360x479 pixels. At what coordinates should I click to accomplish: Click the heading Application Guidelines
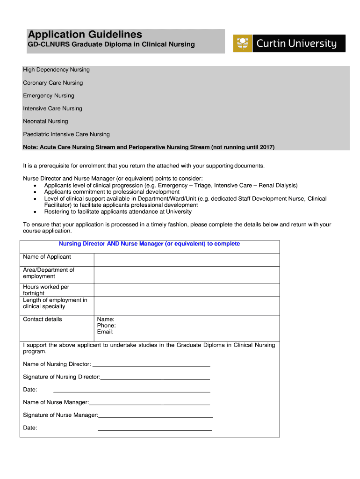coord(85,35)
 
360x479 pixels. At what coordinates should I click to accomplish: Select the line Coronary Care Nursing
coord(53,83)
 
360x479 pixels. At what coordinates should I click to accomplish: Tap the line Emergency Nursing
coord(49,95)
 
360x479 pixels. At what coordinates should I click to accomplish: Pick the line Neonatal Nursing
coord(45,121)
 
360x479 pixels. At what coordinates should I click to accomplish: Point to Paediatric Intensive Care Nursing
coord(66,134)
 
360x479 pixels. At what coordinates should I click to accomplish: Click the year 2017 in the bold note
coord(266,147)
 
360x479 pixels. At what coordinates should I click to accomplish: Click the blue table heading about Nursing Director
coord(149,244)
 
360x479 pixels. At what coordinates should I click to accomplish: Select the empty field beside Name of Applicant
coord(187,260)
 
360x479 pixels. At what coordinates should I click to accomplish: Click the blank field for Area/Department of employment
coord(187,275)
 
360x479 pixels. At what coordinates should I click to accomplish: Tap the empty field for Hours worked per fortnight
coord(187,290)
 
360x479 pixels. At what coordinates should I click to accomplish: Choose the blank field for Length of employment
coord(187,306)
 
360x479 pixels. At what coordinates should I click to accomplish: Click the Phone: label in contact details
coord(107,326)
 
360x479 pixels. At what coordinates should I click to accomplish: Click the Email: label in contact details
coord(105,332)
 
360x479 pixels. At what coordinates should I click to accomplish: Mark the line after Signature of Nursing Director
coord(155,377)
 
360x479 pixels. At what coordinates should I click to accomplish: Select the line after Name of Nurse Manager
coord(149,403)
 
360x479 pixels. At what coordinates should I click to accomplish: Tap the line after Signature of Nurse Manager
coord(155,415)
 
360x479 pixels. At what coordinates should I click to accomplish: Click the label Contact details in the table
coord(42,319)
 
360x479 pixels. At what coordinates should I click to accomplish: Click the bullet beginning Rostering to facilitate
coord(118,211)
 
